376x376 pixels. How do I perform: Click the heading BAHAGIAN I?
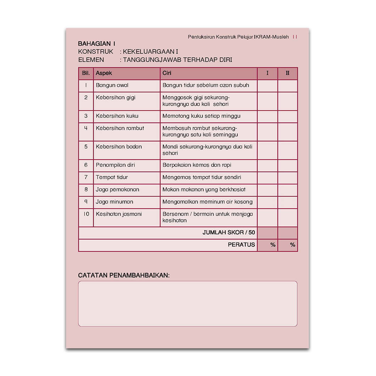[96, 44]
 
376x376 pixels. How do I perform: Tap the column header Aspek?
[104, 73]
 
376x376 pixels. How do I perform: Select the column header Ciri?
[167, 73]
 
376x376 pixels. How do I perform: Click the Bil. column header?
[86, 73]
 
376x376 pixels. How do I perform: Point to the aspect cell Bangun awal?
[112, 85]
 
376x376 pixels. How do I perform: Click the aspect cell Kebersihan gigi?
[116, 97]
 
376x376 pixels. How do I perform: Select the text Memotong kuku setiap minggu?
[201, 116]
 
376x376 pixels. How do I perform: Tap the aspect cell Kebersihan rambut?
[120, 128]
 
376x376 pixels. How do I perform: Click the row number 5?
[86, 146]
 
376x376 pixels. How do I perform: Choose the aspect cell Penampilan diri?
[115, 165]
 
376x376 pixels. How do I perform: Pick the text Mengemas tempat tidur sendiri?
[202, 177]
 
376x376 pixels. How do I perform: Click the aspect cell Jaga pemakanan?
[117, 189]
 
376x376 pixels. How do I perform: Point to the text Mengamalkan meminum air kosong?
[208, 202]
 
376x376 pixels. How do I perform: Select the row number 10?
[86, 214]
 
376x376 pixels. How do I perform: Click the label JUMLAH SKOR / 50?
[228, 233]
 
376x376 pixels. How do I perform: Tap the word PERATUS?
[241, 245]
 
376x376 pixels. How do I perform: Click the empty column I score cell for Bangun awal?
[267, 85]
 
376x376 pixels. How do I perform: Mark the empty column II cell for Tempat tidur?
[288, 177]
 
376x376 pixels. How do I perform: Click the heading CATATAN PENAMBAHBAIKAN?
[124, 275]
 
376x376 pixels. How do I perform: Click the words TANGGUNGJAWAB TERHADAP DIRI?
[177, 60]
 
